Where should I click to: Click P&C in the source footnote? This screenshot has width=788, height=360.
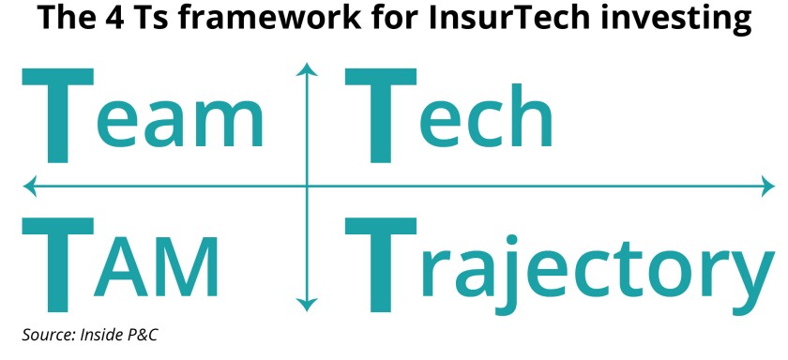[131, 334]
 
